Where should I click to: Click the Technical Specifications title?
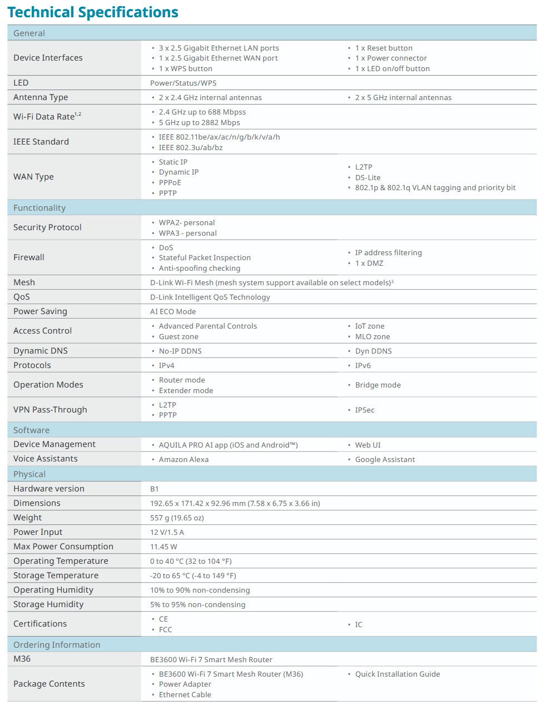(92, 12)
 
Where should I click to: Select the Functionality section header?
(39, 208)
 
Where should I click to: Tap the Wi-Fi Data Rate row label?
(47, 117)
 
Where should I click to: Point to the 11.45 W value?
(163, 547)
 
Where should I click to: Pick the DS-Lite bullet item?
(368, 177)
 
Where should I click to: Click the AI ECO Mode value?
(173, 311)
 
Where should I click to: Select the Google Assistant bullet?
(385, 459)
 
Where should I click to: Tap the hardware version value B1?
(155, 489)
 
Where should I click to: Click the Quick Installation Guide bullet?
(397, 674)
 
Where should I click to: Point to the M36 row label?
(22, 659)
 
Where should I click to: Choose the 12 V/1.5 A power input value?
(167, 532)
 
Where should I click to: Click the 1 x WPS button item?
(185, 68)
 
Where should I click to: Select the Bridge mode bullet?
(378, 385)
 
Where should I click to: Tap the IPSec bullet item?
(364, 410)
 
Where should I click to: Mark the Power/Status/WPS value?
(183, 83)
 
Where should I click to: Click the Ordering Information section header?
(57, 645)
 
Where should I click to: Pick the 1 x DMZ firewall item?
(369, 263)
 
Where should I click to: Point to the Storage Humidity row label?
(48, 604)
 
